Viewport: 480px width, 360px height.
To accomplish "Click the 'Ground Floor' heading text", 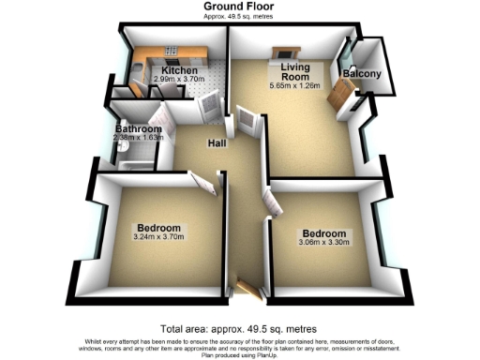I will click(239, 6).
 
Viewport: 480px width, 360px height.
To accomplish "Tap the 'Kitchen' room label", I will click(179, 71).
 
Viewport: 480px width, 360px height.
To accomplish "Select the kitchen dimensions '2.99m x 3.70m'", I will click(179, 82).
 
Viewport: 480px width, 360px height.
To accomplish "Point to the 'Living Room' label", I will click(293, 72).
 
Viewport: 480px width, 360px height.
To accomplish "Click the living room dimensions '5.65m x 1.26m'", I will click(293, 86).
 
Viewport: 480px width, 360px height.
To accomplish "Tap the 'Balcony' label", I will click(361, 73).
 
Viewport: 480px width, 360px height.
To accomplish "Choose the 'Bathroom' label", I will click(137, 129).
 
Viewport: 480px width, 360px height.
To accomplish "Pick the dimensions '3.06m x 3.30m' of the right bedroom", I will click(323, 243).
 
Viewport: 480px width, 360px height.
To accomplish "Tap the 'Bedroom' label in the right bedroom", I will click(323, 232).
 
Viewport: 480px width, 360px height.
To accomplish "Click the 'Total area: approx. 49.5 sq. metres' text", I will click(239, 329).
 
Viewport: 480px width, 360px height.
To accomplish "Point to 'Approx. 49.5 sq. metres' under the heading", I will click(239, 16).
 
